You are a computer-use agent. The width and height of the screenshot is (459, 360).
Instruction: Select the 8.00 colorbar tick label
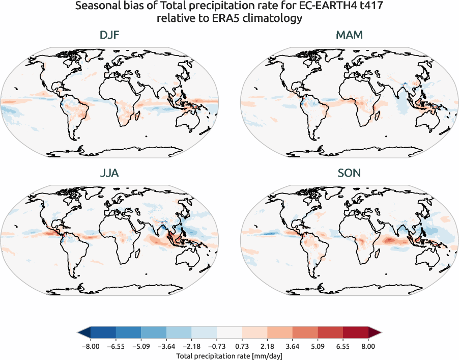pos(368,346)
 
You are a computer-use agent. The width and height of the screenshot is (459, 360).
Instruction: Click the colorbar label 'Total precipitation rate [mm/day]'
pos(229,356)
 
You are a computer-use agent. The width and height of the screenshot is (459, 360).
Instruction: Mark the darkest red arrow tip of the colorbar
pos(375,333)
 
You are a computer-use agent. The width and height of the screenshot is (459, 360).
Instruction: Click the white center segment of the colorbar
pos(229,333)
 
